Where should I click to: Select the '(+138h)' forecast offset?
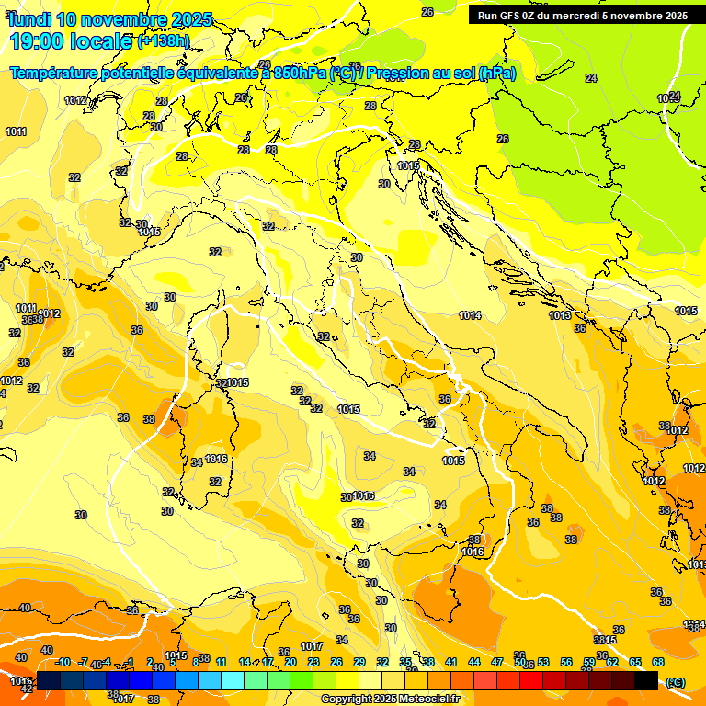164,41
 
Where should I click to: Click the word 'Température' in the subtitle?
56,73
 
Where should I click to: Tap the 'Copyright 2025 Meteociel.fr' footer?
390,699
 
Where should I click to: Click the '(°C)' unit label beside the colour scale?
676,682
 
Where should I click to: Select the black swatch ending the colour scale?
646,681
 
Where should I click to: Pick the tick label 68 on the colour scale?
658,662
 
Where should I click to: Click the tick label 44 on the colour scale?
474,662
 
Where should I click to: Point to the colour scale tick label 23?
313,662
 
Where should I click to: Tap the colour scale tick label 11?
221,662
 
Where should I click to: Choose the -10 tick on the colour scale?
63,662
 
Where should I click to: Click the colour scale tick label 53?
543,662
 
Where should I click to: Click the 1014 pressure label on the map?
470,315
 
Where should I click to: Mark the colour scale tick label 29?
359,662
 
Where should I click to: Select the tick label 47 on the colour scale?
497,662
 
